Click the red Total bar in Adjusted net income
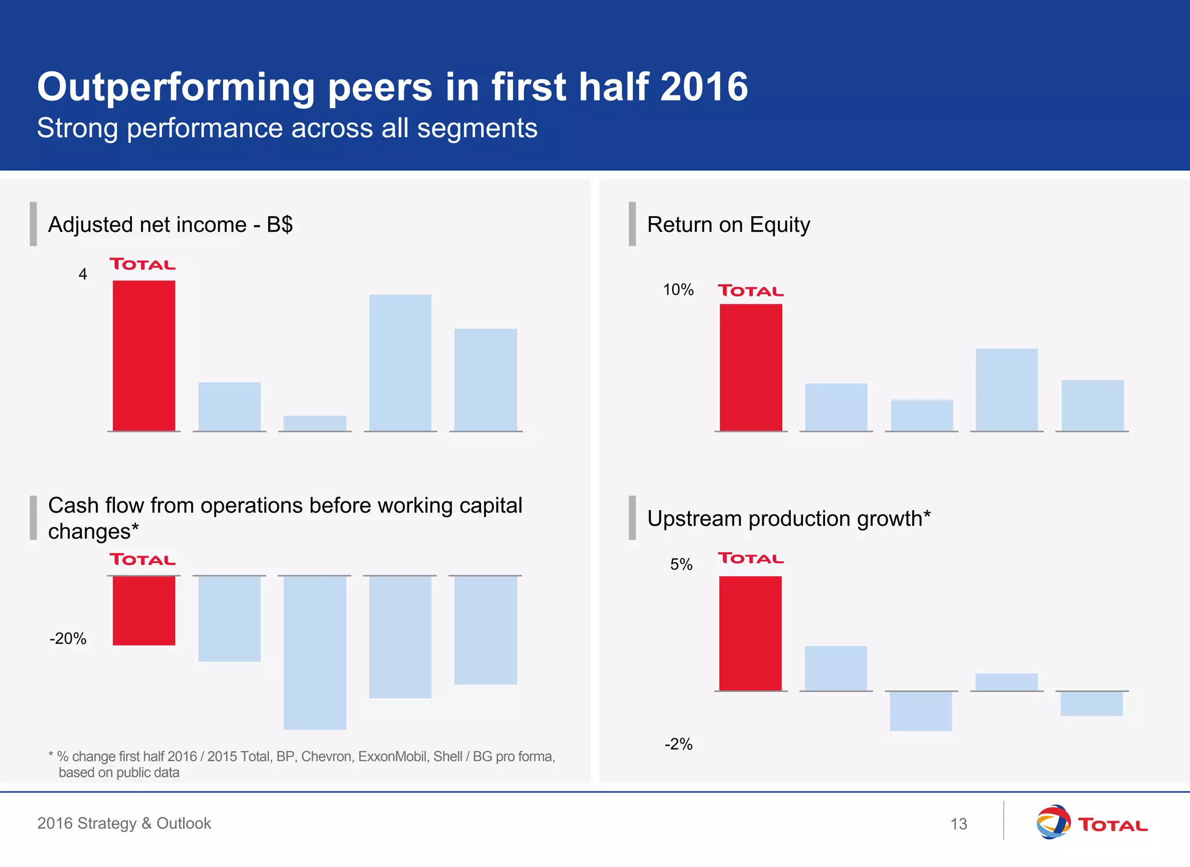pos(144,356)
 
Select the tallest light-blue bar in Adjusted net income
pos(400,363)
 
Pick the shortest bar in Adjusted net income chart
pos(314,423)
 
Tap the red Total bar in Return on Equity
pos(751,367)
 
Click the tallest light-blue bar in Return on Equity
pos(1006,389)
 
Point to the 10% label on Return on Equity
pos(678,289)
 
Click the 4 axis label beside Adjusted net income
pos(83,274)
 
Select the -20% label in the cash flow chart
pos(68,639)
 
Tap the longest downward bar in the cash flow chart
pos(314,652)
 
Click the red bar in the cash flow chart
pos(144,610)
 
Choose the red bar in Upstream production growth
pos(750,633)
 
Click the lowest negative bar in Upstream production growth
pos(920,711)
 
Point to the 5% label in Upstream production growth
pos(681,564)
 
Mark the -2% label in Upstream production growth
pos(678,744)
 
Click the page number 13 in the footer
pos(958,824)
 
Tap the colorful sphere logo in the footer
pos(1052,822)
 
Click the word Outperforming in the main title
pos(175,87)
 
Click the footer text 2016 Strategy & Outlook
pos(124,823)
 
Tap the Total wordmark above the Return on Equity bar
pos(751,291)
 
